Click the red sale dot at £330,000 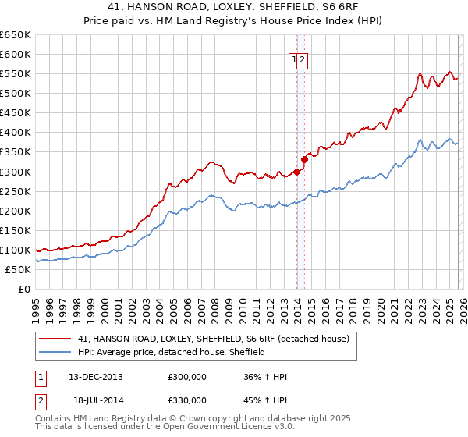tap(304, 159)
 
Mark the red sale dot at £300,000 tap(296, 172)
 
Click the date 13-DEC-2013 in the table tap(96, 377)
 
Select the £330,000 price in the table tap(187, 401)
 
